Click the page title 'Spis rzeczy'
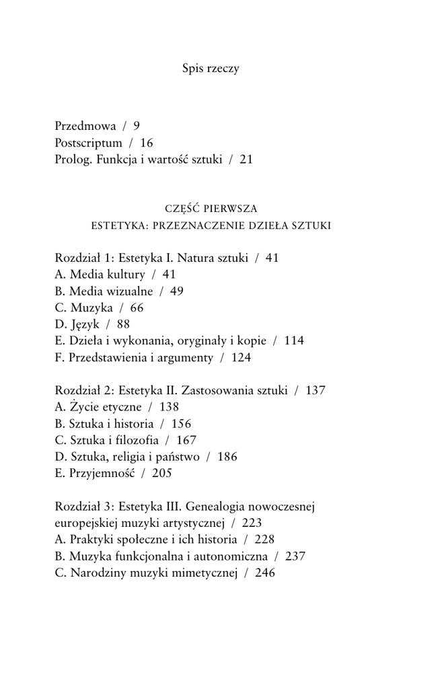pyautogui.click(x=211, y=69)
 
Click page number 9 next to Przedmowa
pyautogui.click(x=137, y=126)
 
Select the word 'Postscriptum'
pyautogui.click(x=88, y=143)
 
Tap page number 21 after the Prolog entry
pyautogui.click(x=246, y=159)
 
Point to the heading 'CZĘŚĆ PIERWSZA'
pyautogui.click(x=211, y=208)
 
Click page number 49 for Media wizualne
pyautogui.click(x=177, y=291)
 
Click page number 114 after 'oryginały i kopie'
pyautogui.click(x=294, y=340)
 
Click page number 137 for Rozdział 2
pyautogui.click(x=316, y=390)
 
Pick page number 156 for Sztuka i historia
pyautogui.click(x=181, y=423)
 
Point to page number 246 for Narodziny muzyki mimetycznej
pyautogui.click(x=265, y=572)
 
